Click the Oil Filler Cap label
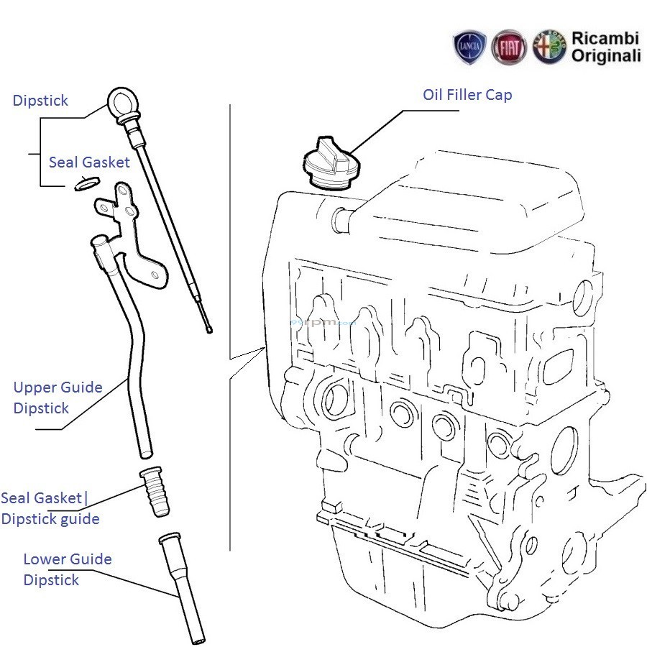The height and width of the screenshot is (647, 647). coord(467,95)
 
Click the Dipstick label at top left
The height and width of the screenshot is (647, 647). coord(40,101)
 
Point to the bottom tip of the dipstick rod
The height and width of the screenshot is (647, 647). coord(209,330)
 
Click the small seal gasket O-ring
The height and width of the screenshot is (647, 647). coord(85,185)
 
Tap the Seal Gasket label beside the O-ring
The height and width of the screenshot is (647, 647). coord(89,162)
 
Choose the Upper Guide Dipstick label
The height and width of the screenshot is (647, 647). coord(58,398)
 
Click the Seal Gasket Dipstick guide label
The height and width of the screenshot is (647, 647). coord(50,508)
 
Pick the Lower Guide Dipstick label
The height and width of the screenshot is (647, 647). coord(67,569)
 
